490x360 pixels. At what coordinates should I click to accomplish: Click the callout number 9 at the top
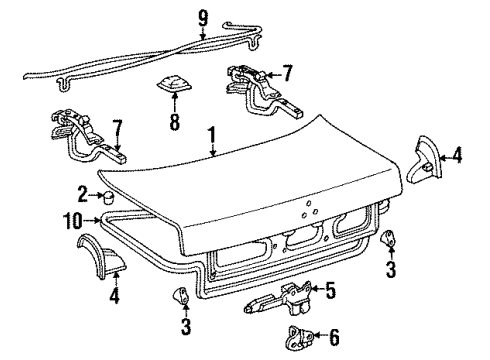click(x=203, y=16)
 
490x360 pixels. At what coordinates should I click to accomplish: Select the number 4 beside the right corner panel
click(x=458, y=155)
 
